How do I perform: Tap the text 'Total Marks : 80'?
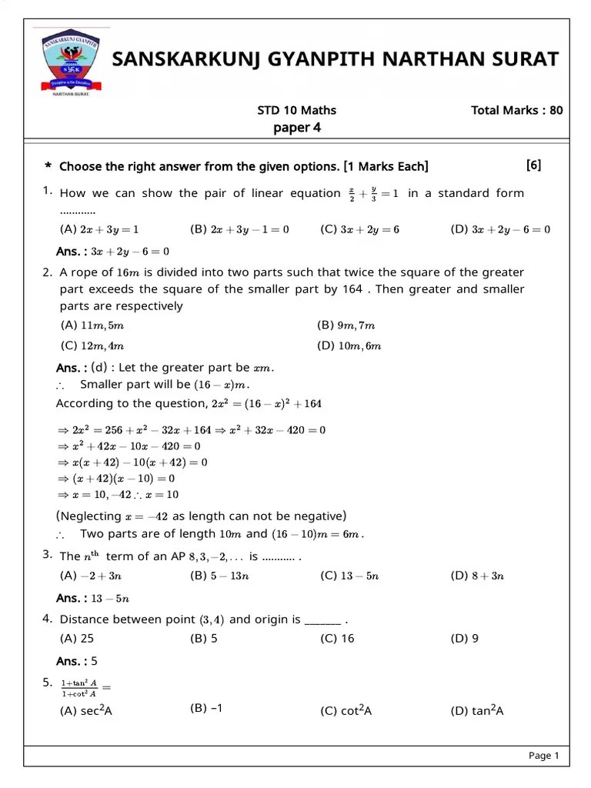coord(516,110)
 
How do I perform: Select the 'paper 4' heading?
coord(296,128)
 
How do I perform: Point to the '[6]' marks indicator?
coord(533,165)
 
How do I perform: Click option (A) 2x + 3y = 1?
coord(99,229)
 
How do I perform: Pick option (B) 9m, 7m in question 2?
coord(346,326)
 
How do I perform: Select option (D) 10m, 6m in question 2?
coord(349,346)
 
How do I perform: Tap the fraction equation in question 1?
coord(373,192)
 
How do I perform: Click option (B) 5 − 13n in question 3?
coord(223,576)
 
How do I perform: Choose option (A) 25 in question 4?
coord(77,638)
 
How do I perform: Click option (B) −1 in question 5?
coord(205,709)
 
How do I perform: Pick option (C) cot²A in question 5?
coord(346,711)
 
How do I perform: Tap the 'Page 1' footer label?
coord(543,756)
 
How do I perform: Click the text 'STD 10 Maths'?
coord(296,110)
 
